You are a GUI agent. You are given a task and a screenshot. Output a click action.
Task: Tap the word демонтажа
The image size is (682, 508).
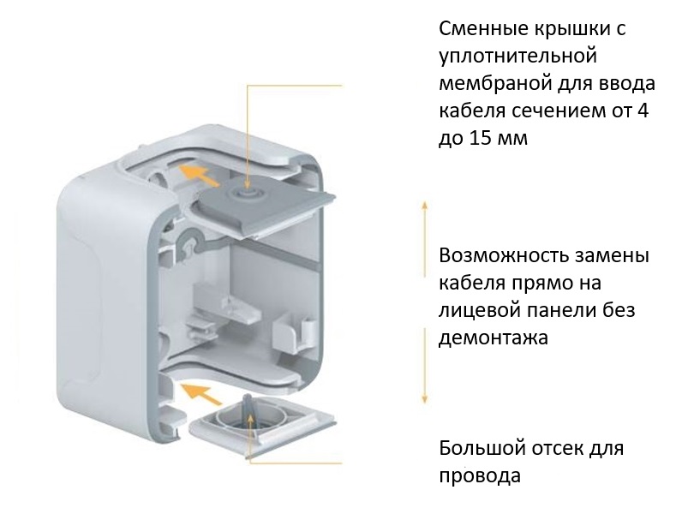[x=493, y=338]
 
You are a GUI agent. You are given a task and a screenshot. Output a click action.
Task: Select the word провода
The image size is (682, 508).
[x=480, y=476]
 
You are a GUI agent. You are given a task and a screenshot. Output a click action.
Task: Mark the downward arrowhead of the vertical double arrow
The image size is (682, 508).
[x=423, y=399]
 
